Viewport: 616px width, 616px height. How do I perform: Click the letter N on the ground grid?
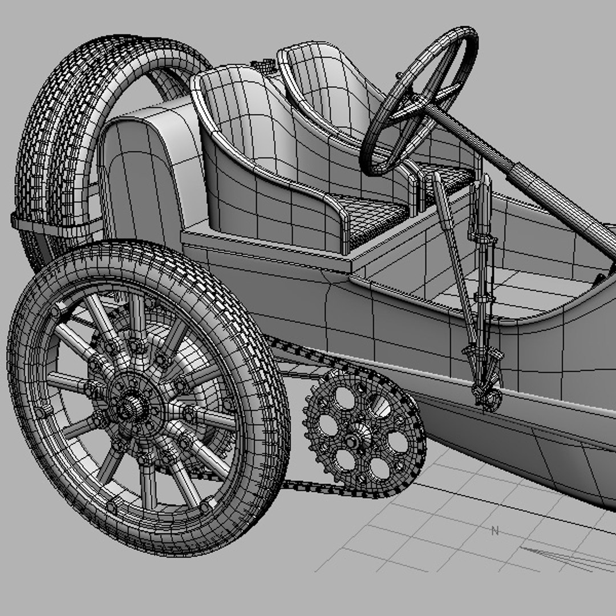495,532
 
